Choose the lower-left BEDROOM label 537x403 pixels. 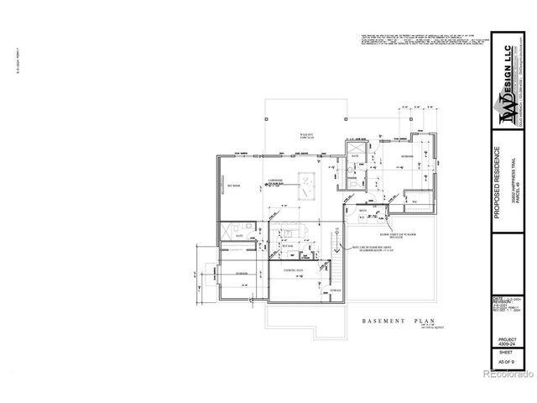(242, 275)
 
